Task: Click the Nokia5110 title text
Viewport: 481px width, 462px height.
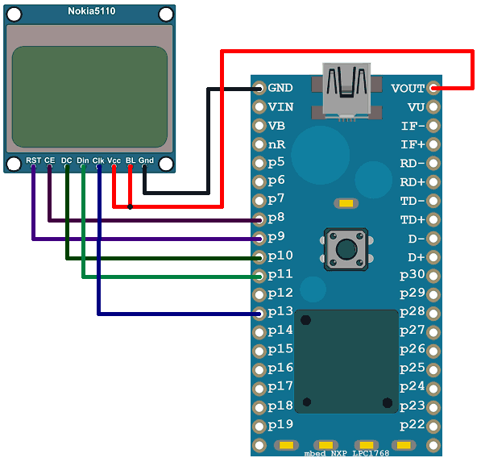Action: point(89,10)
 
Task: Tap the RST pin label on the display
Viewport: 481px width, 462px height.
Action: point(33,160)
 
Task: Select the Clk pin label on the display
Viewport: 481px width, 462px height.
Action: point(98,160)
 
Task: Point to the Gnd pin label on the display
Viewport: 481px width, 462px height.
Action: point(146,160)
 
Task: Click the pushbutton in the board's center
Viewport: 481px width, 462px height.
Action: point(346,249)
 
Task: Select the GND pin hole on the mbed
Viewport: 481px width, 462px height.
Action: point(259,88)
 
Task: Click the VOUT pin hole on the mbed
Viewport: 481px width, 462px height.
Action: point(435,88)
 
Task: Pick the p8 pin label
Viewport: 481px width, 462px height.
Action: point(276,218)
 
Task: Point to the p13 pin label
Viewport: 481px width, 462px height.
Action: point(280,312)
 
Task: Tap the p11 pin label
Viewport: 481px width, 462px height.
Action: point(280,274)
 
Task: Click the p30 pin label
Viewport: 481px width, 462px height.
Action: point(413,274)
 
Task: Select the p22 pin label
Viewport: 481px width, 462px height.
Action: point(413,425)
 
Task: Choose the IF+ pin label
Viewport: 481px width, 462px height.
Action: point(413,144)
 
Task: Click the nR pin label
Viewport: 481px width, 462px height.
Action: point(276,144)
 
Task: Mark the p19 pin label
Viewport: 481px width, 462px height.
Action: point(280,425)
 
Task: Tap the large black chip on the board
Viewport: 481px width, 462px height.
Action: point(346,360)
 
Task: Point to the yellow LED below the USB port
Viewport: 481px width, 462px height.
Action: point(345,205)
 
